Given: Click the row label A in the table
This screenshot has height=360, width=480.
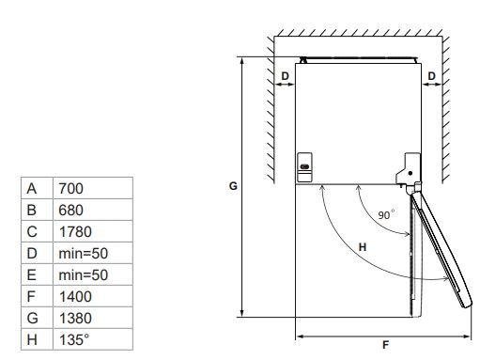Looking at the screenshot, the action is (32, 189).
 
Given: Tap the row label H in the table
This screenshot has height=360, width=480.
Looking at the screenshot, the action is (32, 340).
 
